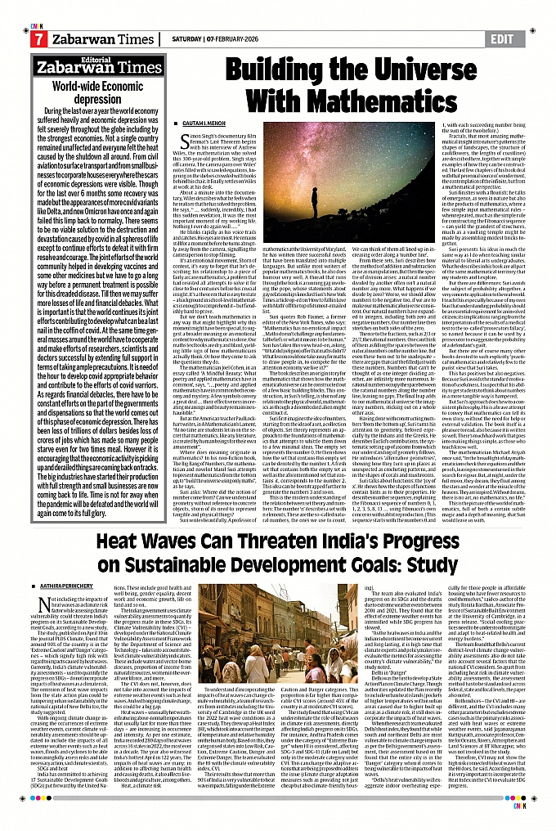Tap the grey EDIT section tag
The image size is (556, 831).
(x=504, y=38)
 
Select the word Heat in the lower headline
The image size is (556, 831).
(x=119, y=541)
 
